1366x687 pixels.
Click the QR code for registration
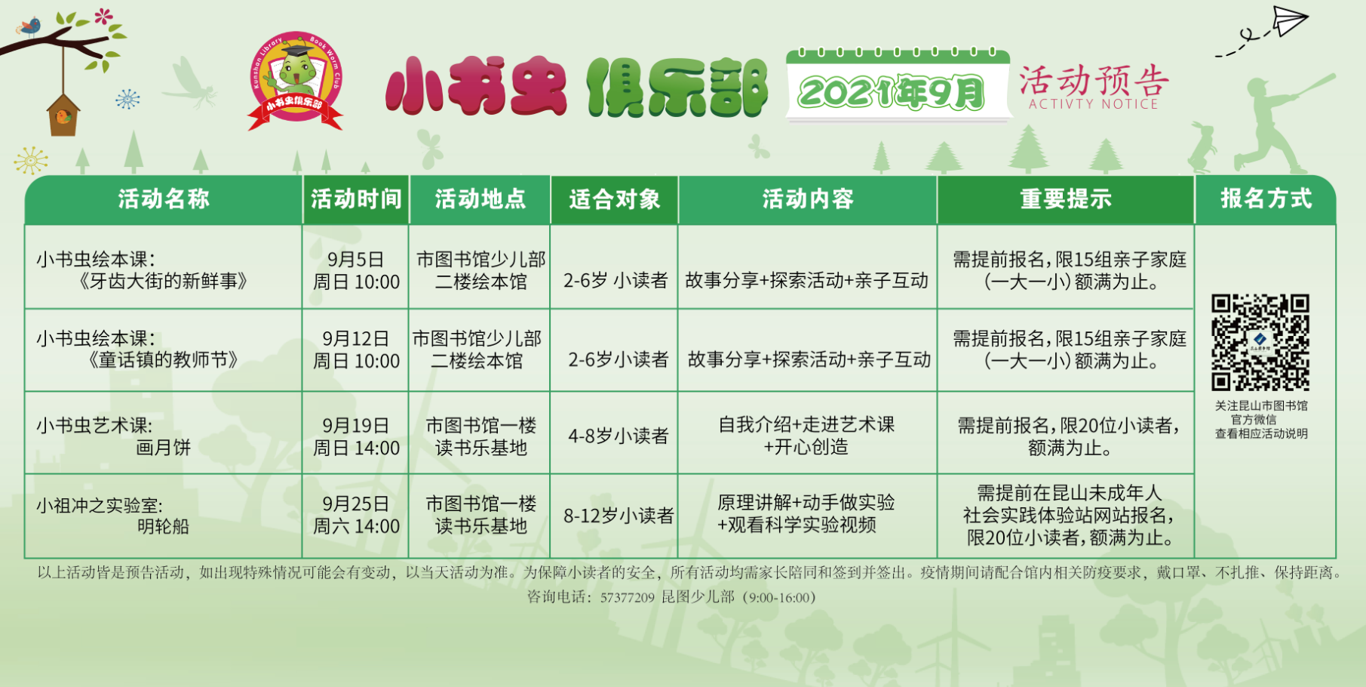(x=1260, y=342)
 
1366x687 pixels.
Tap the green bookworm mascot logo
(x=296, y=79)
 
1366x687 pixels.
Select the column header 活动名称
(x=164, y=199)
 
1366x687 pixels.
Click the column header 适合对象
(x=614, y=199)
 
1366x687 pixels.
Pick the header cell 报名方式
(x=1266, y=199)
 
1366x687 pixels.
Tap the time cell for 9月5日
(x=356, y=270)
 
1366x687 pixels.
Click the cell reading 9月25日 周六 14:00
(x=356, y=515)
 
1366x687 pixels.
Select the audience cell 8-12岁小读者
(x=619, y=516)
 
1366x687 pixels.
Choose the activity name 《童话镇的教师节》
(x=164, y=360)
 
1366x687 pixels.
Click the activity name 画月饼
(x=164, y=448)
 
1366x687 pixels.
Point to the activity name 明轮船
(x=164, y=526)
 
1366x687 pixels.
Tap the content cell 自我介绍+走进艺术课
(x=806, y=424)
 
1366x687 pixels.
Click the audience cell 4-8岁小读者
(x=619, y=436)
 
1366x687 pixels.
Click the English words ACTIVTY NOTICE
(x=1093, y=104)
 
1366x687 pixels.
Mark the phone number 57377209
(x=627, y=598)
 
